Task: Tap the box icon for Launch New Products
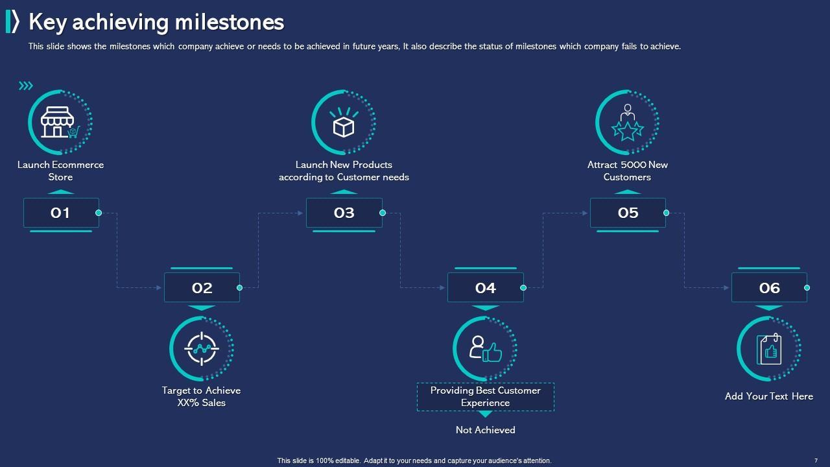(x=344, y=123)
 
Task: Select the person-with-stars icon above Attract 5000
(x=627, y=123)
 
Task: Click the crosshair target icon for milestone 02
(x=202, y=348)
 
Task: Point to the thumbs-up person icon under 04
(x=486, y=349)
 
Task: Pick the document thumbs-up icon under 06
(x=769, y=349)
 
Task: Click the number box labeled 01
(x=61, y=213)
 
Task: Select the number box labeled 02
(x=202, y=287)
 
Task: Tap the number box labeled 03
(x=344, y=213)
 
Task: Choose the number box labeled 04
(x=486, y=287)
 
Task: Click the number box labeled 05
(x=628, y=213)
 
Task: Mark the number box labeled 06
(x=769, y=287)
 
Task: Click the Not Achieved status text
(x=486, y=430)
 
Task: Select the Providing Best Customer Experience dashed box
(x=486, y=397)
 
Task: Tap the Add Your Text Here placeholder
(x=769, y=396)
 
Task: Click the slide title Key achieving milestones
(x=156, y=22)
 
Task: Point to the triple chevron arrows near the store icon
(x=26, y=86)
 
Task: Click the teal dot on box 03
(x=383, y=213)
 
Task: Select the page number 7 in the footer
(x=816, y=461)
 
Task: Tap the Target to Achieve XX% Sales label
(x=201, y=396)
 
